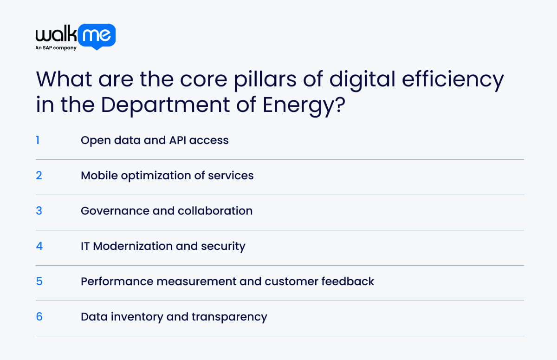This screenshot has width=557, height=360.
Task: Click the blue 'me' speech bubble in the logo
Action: click(97, 36)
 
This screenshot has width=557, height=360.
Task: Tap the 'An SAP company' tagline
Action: click(56, 48)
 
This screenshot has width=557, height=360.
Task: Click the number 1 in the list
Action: click(38, 140)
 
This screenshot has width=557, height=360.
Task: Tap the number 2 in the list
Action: click(39, 175)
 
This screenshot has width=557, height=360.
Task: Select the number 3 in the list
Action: click(39, 210)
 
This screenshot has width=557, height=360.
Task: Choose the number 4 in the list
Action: click(39, 246)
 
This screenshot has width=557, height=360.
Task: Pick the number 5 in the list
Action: click(39, 281)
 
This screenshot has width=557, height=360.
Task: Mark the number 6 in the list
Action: click(39, 316)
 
